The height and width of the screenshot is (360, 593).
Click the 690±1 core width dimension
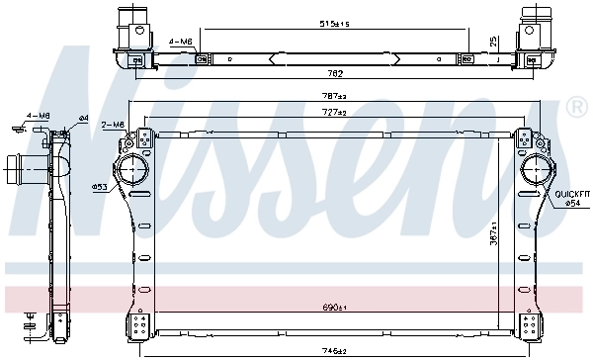(x=334, y=307)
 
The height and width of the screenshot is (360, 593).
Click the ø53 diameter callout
(x=99, y=186)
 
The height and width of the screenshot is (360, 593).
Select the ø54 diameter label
(x=572, y=203)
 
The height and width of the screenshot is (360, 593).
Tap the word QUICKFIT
(x=571, y=193)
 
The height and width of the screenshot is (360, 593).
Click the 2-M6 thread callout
(x=113, y=125)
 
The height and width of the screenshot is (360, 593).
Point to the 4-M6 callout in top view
(x=180, y=41)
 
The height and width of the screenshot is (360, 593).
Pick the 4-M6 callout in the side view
(x=38, y=116)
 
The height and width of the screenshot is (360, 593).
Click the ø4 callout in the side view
(x=84, y=119)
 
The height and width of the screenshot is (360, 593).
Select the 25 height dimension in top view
(x=493, y=42)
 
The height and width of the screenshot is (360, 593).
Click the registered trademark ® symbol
(x=576, y=106)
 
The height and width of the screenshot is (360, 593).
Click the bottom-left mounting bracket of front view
(x=135, y=325)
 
